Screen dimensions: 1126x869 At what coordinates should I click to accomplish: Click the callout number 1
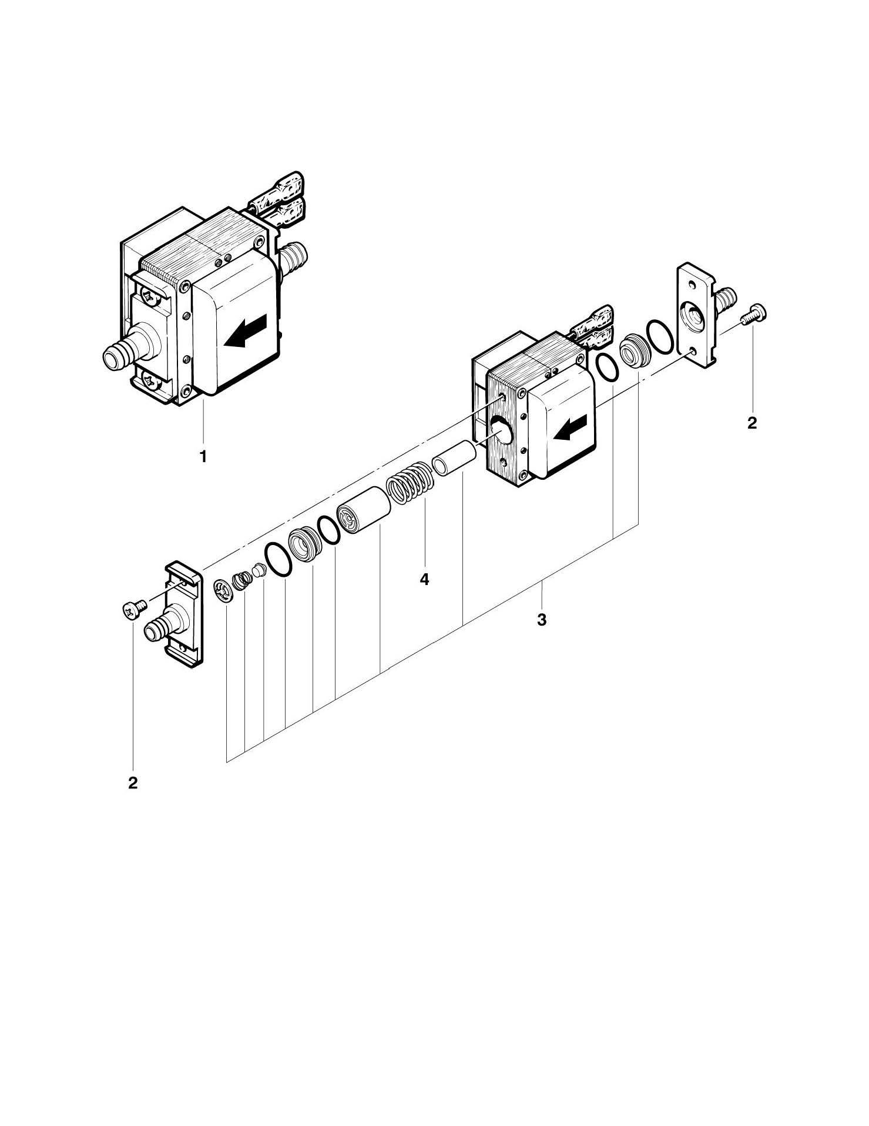[203, 456]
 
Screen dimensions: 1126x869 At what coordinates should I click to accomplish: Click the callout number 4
[424, 579]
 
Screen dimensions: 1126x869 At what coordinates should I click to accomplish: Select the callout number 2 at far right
[752, 423]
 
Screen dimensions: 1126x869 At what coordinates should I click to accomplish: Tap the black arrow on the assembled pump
[246, 330]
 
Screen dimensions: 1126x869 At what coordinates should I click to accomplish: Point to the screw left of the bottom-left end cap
[133, 611]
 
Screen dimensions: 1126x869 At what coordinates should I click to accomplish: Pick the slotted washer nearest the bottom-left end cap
[223, 591]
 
